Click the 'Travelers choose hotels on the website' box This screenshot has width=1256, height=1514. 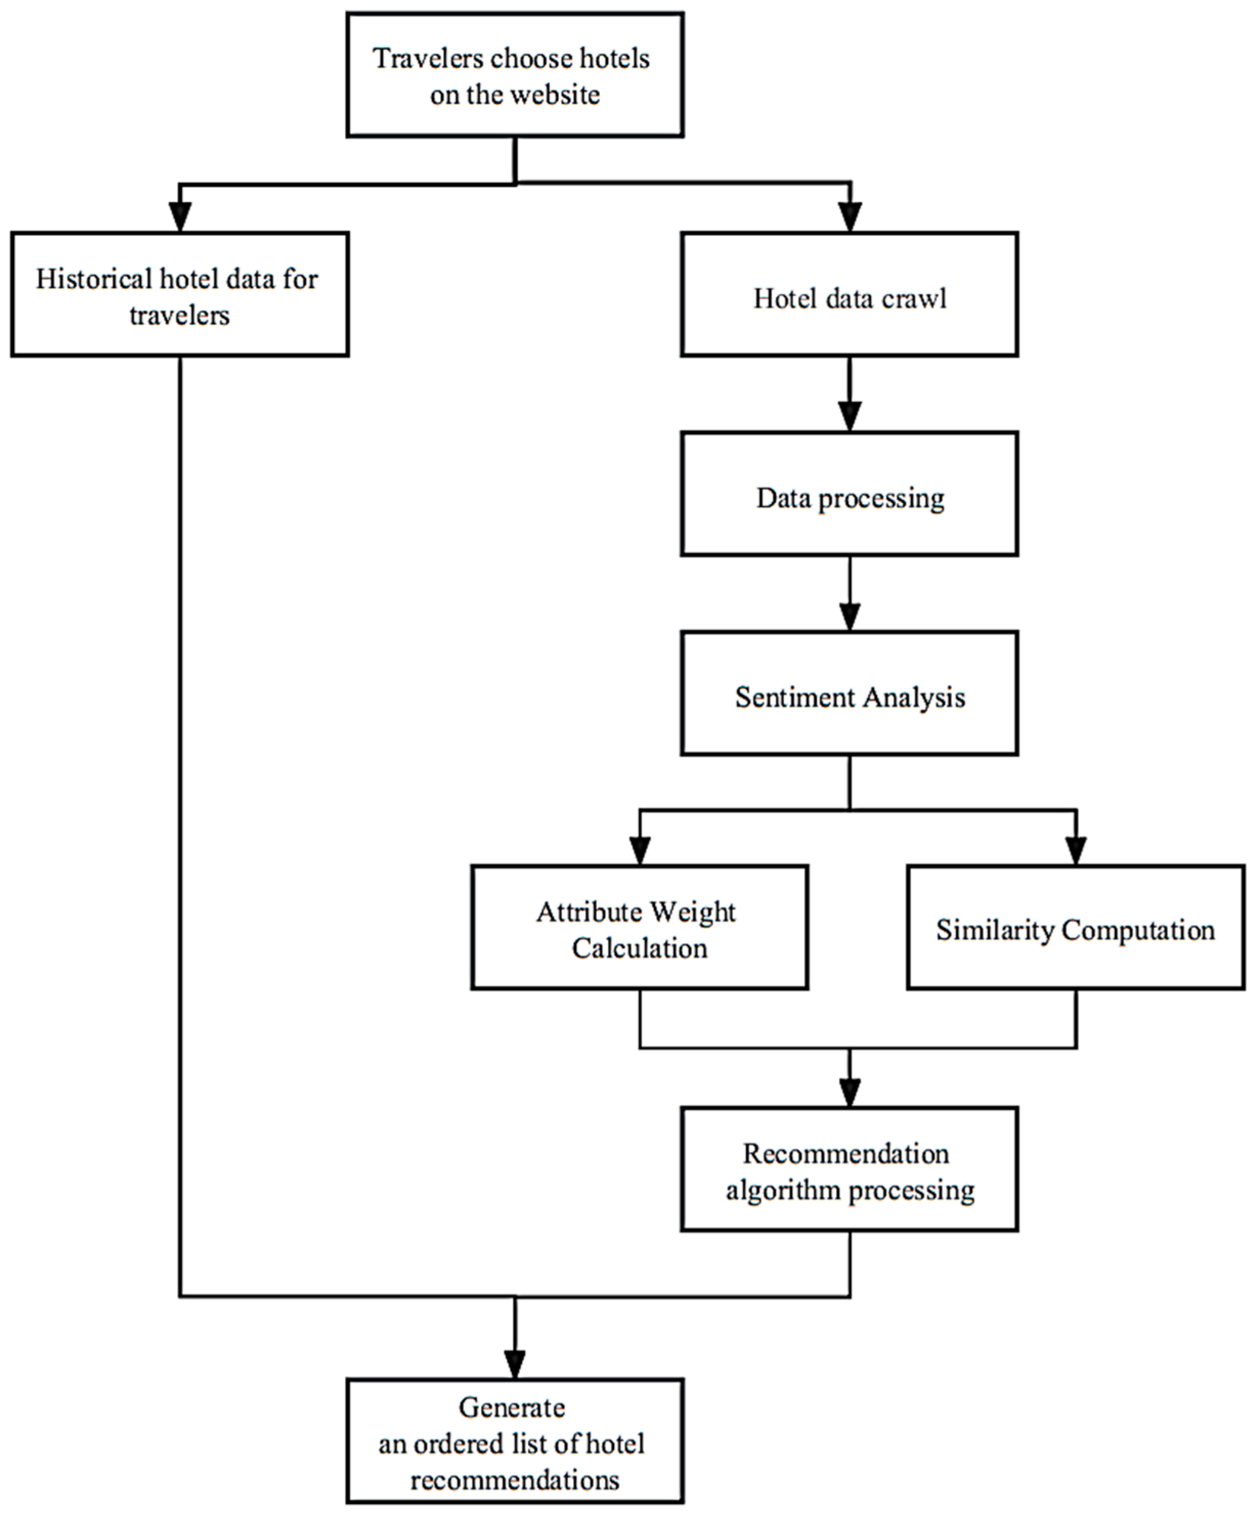(515, 75)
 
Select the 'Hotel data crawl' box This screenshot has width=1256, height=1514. (849, 294)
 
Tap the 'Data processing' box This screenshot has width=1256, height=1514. (849, 494)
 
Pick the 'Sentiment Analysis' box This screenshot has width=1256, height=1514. (849, 694)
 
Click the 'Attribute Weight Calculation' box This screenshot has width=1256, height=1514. (640, 927)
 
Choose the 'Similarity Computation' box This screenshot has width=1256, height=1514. (1075, 927)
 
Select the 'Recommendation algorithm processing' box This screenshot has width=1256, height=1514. (849, 1169)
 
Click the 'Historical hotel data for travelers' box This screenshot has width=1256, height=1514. (180, 294)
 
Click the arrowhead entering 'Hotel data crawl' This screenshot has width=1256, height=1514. (851, 216)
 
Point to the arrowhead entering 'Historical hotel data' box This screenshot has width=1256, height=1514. (180, 216)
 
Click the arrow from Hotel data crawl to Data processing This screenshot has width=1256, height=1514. (850, 393)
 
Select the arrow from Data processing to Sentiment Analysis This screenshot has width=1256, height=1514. (850, 593)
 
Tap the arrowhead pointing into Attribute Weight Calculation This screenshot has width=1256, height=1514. (640, 849)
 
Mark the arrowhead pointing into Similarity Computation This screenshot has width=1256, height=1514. (1076, 849)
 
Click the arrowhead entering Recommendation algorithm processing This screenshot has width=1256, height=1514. (850, 1092)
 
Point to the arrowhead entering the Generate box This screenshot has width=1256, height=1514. (515, 1363)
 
